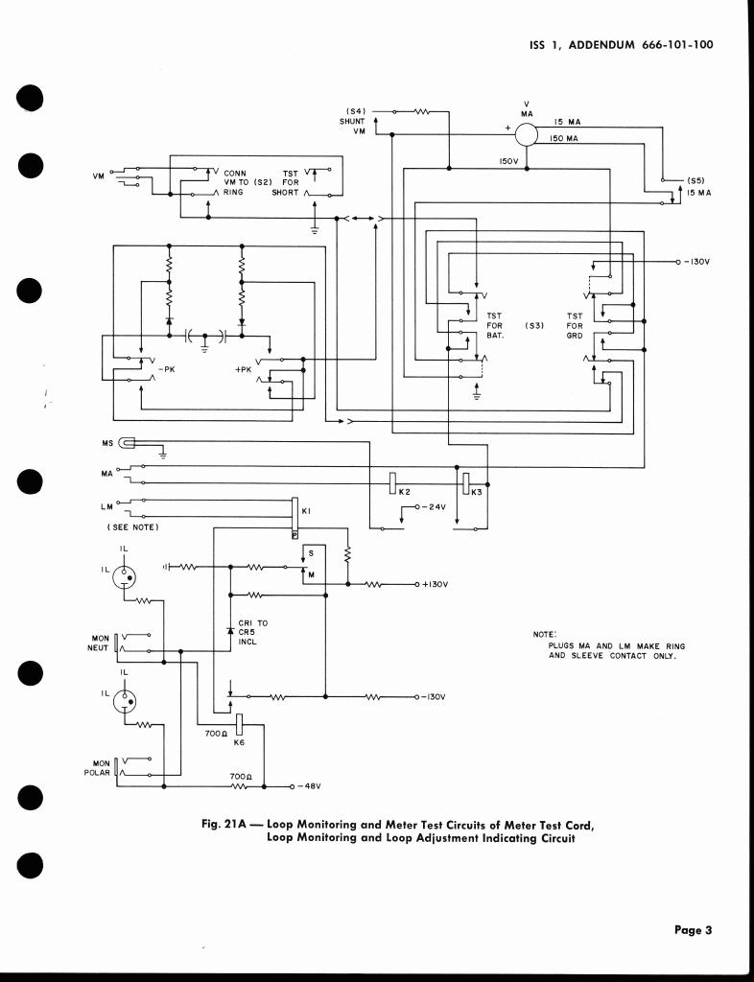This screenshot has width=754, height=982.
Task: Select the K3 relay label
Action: click(477, 492)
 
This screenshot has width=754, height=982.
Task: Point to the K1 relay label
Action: click(305, 511)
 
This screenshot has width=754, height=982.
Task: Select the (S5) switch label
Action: click(697, 179)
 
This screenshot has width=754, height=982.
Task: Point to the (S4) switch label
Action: click(353, 111)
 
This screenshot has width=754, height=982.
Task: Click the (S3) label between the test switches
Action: click(534, 326)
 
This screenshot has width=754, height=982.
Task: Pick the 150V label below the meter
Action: click(508, 161)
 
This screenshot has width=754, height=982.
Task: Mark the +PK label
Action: click(243, 367)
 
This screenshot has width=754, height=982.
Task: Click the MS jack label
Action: click(106, 443)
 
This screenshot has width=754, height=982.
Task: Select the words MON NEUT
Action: click(100, 643)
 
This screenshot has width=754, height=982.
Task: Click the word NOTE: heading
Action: click(543, 634)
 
